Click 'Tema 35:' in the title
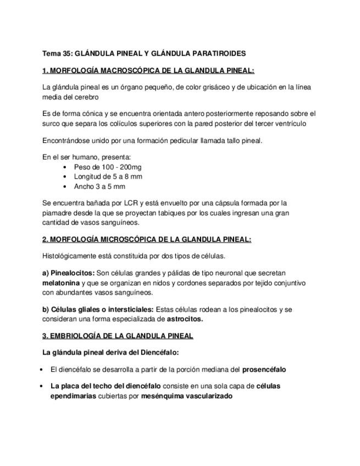tap(57, 53)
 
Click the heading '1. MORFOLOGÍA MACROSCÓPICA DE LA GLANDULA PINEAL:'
tap(148, 70)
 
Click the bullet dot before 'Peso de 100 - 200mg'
tap(65, 167)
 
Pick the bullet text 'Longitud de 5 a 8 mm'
tap(108, 176)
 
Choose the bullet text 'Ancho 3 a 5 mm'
tap(99, 186)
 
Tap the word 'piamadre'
tap(57, 213)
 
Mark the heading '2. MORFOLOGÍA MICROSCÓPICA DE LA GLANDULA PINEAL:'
tap(147, 240)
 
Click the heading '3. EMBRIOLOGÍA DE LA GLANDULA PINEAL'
tap(118, 336)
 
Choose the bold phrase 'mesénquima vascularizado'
tap(187, 396)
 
